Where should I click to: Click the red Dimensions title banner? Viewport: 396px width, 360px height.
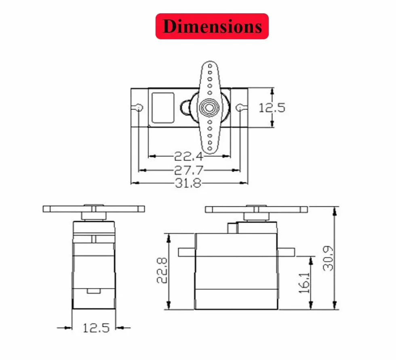212,26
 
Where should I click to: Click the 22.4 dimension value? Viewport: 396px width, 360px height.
188,156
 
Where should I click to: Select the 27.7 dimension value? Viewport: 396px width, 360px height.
188,170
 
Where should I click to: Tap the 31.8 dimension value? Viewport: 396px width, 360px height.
188,183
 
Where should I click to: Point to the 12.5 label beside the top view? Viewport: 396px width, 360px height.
272,108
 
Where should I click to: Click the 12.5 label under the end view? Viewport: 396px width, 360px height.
96,328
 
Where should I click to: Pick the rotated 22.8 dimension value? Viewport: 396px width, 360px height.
162,270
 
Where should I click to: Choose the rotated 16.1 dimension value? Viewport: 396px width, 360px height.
304,283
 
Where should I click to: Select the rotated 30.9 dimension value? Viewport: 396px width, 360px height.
328,259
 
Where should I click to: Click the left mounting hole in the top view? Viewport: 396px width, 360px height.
139,108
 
